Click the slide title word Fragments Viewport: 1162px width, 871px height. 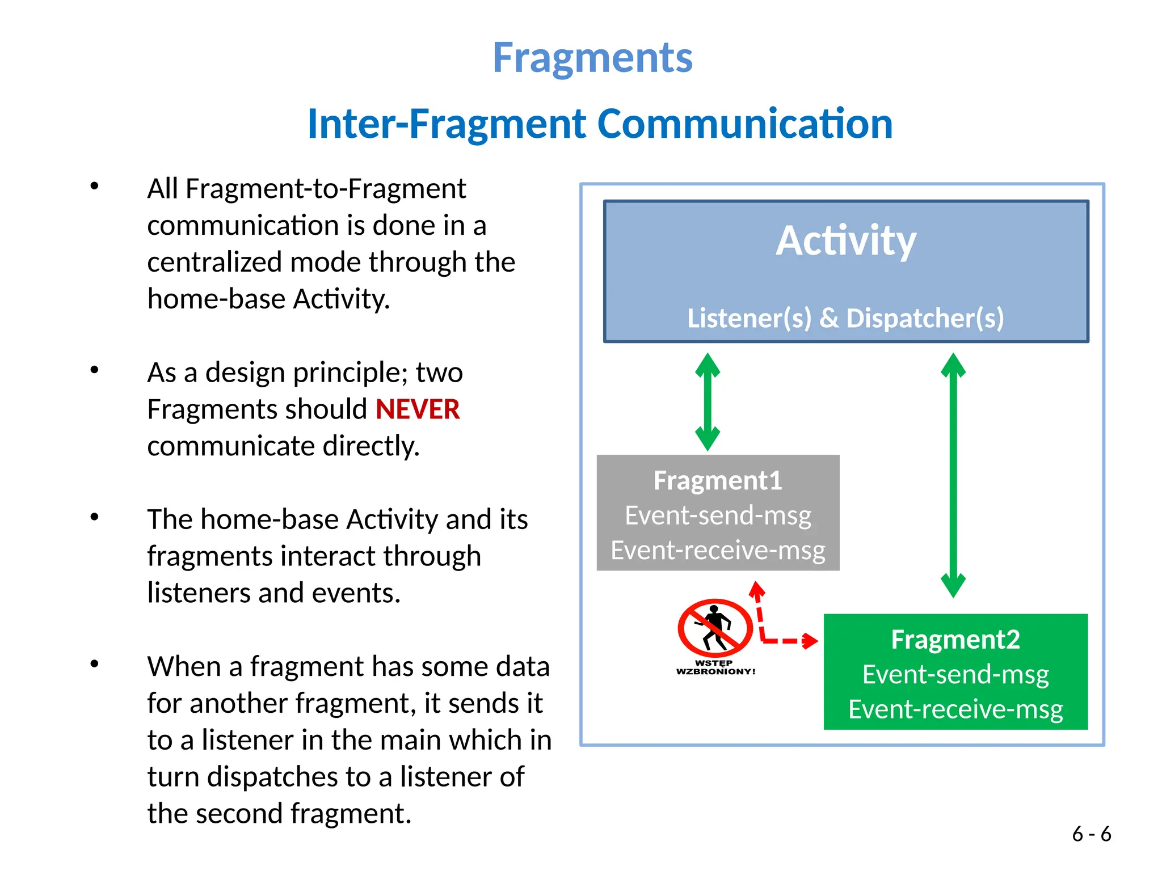592,58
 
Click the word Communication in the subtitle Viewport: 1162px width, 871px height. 745,124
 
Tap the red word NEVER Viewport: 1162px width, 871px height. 417,409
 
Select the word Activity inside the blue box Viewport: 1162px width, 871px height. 845,241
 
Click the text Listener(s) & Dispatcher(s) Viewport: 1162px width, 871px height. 845,318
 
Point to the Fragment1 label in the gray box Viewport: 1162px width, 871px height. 718,481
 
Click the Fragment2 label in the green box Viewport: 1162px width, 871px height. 955,640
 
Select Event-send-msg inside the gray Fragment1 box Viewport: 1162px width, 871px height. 718,515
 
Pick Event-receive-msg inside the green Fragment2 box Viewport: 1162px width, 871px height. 955,709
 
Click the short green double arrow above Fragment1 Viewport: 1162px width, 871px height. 708,402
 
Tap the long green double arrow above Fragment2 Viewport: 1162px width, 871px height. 953,475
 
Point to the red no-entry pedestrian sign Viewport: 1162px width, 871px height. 715,628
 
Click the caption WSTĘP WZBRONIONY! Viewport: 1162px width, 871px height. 715,667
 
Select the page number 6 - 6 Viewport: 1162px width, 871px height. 1091,834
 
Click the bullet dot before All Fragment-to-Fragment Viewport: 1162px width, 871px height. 95,186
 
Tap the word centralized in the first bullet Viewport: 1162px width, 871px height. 214,263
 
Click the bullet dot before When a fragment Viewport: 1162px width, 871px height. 95,663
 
